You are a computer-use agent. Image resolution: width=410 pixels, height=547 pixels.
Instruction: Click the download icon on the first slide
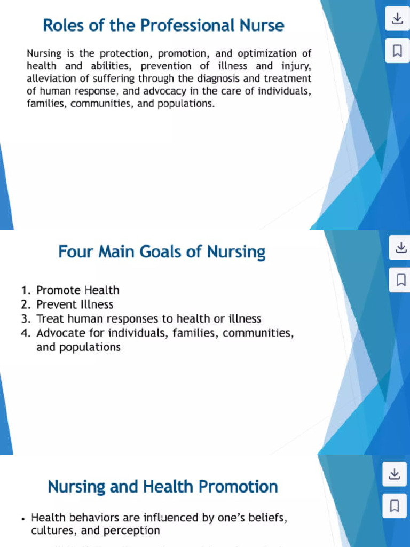[x=397, y=20]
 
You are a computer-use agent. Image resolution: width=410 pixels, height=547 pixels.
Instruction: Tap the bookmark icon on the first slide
[x=397, y=51]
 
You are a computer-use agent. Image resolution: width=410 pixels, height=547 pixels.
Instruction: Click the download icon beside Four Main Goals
[x=400, y=248]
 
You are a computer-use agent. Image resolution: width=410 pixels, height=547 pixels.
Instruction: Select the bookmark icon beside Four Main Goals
[x=400, y=279]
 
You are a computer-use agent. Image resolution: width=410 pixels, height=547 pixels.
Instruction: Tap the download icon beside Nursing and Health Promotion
[x=395, y=474]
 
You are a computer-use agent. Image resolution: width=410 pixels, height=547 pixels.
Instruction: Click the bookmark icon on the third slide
[x=395, y=505]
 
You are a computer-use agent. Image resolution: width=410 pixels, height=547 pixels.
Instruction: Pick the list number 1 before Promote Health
[x=25, y=291]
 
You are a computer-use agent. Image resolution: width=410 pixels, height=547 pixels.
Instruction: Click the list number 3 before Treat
[x=25, y=319]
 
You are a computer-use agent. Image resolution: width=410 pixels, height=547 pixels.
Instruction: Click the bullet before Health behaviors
[x=23, y=518]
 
